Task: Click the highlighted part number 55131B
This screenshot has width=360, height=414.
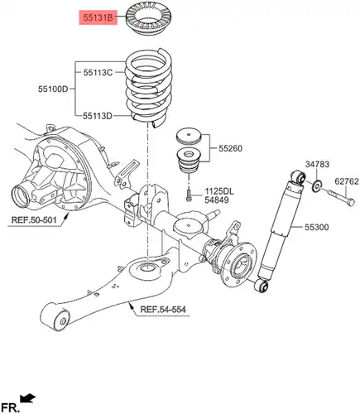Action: click(98, 18)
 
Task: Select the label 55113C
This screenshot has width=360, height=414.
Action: click(98, 73)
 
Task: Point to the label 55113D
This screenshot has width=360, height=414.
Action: click(98, 116)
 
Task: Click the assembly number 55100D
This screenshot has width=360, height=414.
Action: click(53, 89)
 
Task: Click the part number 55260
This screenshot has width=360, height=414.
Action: click(230, 148)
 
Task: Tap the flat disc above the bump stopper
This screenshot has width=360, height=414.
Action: click(189, 136)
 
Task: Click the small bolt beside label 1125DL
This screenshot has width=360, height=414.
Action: click(189, 195)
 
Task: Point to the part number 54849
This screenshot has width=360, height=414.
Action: click(217, 200)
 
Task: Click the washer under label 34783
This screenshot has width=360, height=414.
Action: click(316, 185)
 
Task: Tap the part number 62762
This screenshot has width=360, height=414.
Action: click(347, 181)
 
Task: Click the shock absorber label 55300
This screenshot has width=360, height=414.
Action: click(316, 227)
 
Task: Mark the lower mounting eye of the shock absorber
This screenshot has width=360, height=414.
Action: click(262, 286)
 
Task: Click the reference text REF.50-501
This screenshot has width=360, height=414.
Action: click(34, 220)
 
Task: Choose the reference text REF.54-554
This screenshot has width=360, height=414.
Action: click(163, 309)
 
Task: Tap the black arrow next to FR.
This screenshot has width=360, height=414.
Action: click(28, 398)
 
